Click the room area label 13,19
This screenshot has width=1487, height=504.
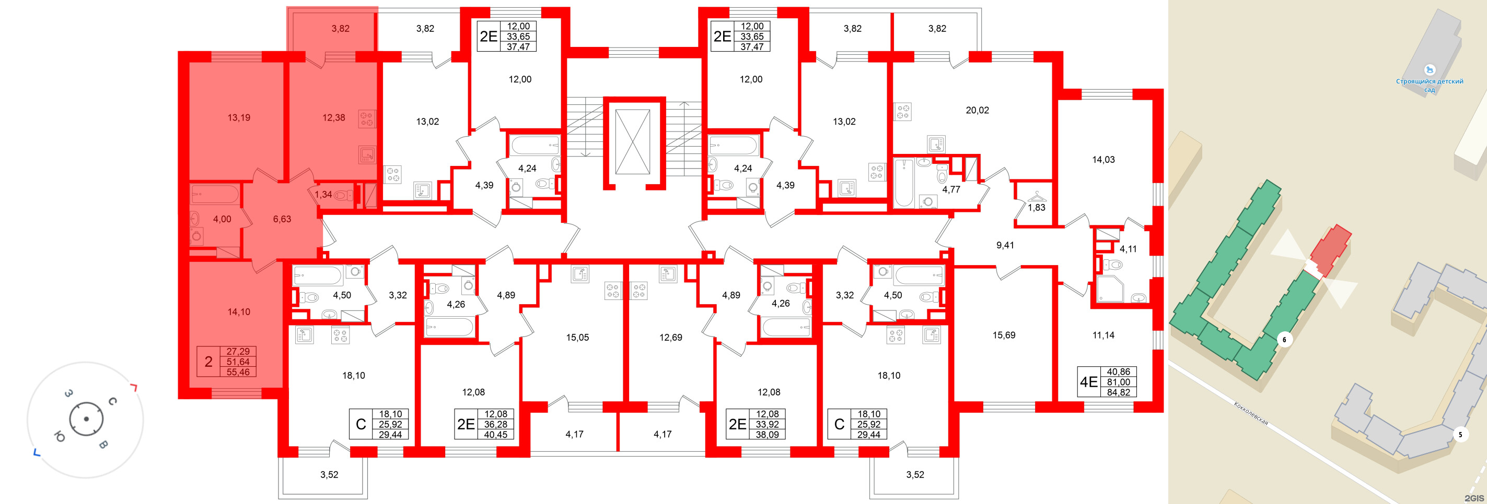pos(238,117)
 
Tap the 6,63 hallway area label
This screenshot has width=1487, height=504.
pos(282,219)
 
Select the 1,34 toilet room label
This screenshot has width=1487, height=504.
pos(323,194)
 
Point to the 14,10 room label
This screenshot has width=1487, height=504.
pos(238,312)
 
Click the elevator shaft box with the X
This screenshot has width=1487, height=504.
pos(632,142)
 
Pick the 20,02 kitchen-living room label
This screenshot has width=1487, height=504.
pos(977,110)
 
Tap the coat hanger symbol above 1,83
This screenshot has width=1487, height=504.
pos(1036,196)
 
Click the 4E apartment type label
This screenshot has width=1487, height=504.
pos(1088,382)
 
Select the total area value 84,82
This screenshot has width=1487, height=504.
pos(1118,392)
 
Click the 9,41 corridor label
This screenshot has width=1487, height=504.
pos(1004,245)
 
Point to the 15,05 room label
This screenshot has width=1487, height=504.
pos(577,338)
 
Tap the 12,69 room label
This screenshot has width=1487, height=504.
pos(670,338)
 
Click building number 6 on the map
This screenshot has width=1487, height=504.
pos(1284,340)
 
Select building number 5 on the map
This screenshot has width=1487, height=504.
pos(1460,434)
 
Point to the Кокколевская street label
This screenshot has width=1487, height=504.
pos(1250,413)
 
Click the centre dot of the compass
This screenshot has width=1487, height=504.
pos(86,419)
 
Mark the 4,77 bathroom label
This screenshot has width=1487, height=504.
pos(951,189)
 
